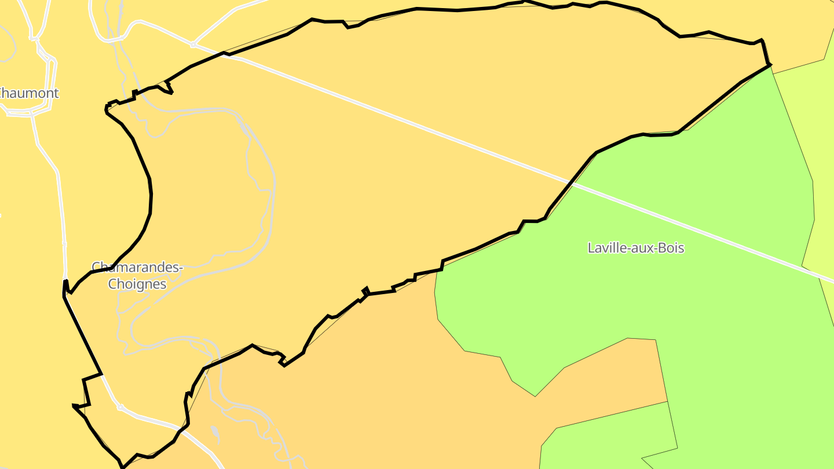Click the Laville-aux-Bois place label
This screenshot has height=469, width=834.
point(635,248)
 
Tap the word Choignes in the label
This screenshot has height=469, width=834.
point(137,284)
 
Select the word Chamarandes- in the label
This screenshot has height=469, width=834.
point(137,268)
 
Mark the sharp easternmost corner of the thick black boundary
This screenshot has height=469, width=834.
point(771,65)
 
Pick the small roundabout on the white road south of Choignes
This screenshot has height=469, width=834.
point(120,408)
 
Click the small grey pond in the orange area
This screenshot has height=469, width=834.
point(215,433)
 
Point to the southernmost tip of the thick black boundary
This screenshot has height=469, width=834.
point(123,466)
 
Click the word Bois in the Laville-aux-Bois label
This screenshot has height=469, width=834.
point(672,248)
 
